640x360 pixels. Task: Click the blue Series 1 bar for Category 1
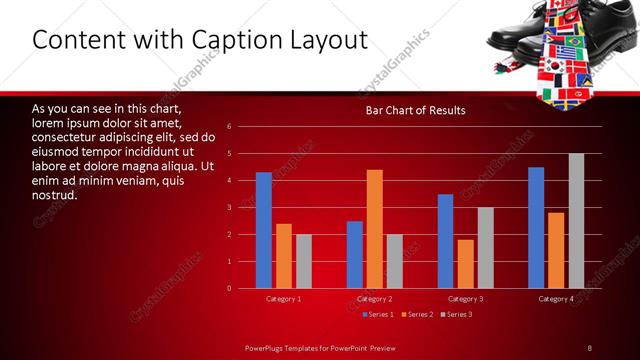(264, 230)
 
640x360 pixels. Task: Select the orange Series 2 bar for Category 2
(375, 229)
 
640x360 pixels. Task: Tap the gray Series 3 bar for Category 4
(576, 221)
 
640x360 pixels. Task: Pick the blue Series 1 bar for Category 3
(446, 241)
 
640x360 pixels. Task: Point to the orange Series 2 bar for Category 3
(466, 264)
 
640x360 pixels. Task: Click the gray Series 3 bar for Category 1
(304, 261)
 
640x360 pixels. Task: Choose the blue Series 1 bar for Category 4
(536, 227)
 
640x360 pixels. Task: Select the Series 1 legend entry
(376, 315)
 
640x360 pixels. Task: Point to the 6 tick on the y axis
(230, 127)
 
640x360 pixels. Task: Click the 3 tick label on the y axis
(230, 208)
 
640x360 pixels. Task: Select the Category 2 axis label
(375, 299)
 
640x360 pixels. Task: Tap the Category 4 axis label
(556, 299)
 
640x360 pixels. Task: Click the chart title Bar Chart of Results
(415, 109)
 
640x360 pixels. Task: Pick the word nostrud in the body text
(54, 194)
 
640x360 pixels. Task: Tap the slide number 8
(589, 347)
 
